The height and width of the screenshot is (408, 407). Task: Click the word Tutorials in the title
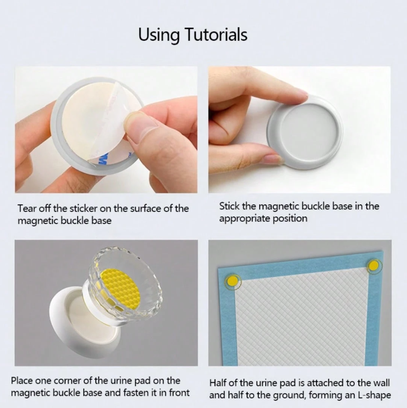216,34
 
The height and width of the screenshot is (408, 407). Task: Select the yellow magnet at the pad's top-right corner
374,266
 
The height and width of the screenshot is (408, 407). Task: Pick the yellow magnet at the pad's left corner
233,281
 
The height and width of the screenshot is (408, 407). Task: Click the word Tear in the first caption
27,209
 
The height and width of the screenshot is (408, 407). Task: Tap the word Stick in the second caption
229,206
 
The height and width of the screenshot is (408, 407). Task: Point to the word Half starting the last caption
218,383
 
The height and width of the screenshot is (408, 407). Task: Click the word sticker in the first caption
84,209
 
